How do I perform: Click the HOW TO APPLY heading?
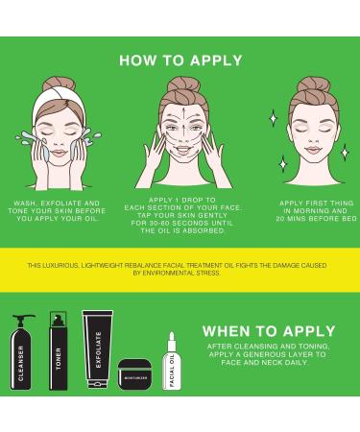point(180,60)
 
